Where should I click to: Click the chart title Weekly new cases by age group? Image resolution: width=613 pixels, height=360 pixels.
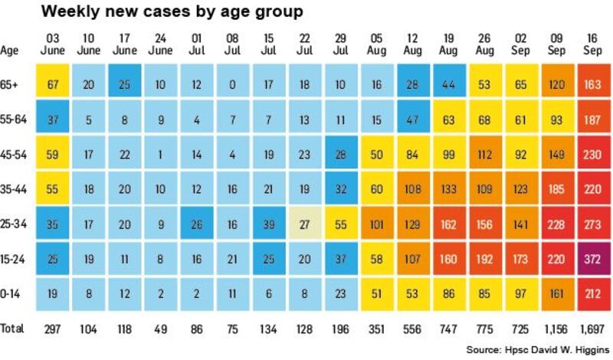[172, 12]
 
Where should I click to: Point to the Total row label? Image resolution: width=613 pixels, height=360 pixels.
[12, 328]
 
